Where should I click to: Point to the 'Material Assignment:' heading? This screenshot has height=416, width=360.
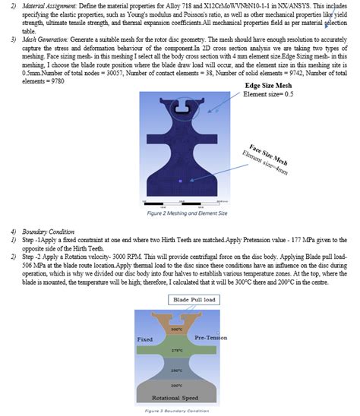[x=50, y=5]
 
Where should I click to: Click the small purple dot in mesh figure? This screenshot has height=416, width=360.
[x=179, y=181]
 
